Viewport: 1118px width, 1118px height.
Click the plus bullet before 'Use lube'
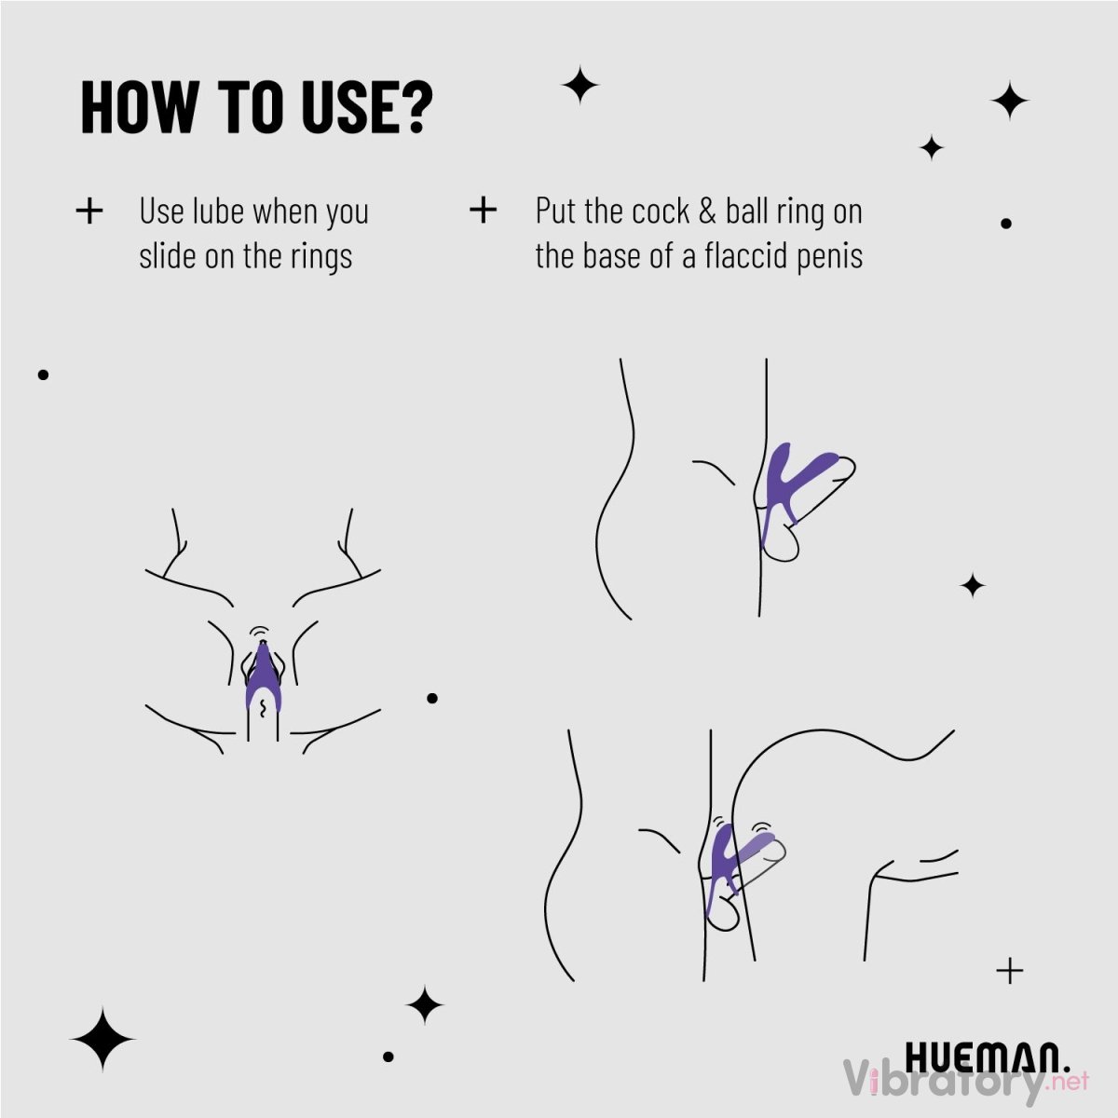click(x=89, y=211)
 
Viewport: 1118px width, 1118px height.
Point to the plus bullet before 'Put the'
click(x=484, y=210)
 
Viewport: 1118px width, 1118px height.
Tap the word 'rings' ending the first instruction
click(x=321, y=257)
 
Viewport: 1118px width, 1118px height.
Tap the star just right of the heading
click(x=579, y=86)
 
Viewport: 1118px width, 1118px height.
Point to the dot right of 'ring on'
click(x=1006, y=224)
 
